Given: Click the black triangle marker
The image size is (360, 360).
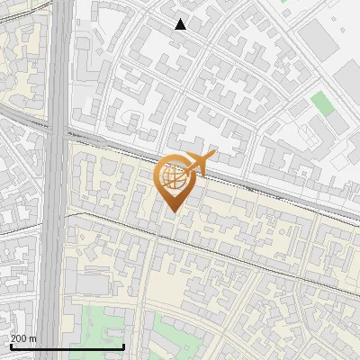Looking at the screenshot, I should click(181, 24).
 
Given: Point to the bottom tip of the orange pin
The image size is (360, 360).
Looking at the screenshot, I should click(174, 211).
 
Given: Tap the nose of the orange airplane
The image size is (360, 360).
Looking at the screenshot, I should click(213, 157).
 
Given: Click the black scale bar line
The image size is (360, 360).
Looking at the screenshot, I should click(67, 346).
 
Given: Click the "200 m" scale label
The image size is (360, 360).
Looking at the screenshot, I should click(24, 337).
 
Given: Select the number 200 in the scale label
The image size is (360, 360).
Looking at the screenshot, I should click(20, 337).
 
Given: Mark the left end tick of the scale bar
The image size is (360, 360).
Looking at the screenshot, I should click(11, 345).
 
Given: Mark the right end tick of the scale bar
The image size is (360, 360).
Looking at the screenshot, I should click(123, 345).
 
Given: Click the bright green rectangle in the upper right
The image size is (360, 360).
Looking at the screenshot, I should click(321, 103).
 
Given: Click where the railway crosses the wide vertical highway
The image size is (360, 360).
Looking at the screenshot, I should click(57, 133).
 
